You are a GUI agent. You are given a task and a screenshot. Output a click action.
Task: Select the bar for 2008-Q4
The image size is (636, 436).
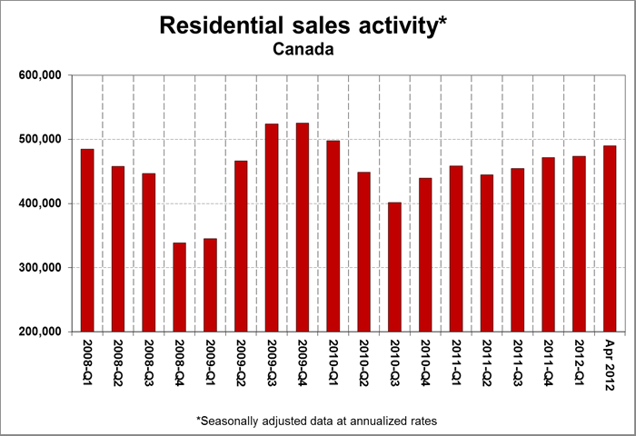point(179,287)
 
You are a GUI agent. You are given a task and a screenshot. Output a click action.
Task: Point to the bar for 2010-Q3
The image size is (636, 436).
point(394,267)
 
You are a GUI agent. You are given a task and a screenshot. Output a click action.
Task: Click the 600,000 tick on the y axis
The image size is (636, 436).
point(39,75)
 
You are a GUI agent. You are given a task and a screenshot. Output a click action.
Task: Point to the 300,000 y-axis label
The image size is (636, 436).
point(39,268)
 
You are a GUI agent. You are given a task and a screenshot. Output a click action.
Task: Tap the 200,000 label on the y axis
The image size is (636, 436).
point(39,332)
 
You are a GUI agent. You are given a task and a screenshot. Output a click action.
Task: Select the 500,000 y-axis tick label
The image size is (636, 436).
point(39,140)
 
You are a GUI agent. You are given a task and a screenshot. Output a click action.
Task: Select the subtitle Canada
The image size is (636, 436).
point(303,49)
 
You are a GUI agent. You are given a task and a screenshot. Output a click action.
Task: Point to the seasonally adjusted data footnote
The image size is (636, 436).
point(317,420)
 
